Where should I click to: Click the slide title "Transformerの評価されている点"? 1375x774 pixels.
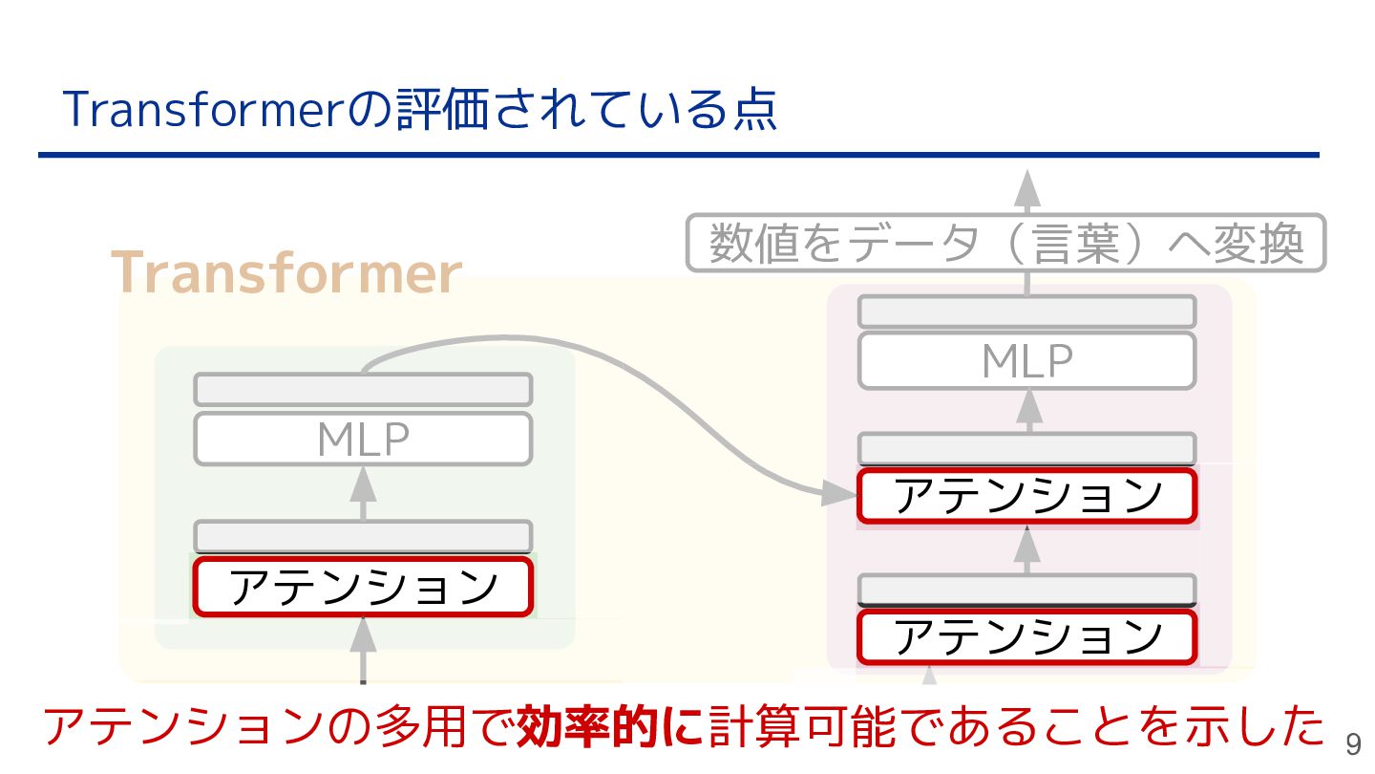click(420, 111)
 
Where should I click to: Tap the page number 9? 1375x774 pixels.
click(1353, 745)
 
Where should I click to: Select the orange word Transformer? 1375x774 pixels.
click(286, 273)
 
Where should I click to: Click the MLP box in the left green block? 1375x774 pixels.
click(363, 440)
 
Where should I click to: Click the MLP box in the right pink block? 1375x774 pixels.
click(1026, 361)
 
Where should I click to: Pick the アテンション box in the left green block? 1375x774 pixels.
click(363, 587)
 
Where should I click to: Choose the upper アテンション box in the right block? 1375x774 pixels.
click(1026, 496)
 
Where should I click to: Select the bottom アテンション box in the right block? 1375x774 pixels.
click(1026, 636)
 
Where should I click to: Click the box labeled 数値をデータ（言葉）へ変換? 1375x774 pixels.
click(1006, 244)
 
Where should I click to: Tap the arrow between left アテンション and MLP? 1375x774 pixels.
click(363, 493)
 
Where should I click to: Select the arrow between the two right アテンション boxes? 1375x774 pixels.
click(1026, 548)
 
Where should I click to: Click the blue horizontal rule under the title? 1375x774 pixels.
click(678, 155)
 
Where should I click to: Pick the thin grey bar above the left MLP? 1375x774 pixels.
click(363, 390)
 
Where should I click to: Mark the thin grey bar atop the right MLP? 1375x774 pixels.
click(1026, 312)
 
